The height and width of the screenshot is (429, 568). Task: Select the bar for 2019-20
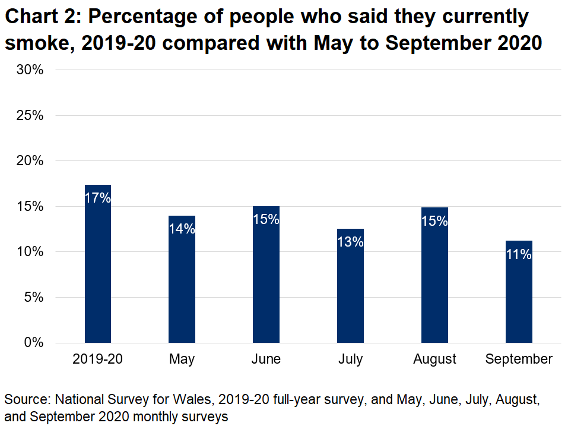(x=98, y=273)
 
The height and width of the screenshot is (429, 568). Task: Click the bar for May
(x=182, y=285)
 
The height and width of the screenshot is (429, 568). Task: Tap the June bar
(x=266, y=279)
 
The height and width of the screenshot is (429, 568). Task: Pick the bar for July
(x=350, y=291)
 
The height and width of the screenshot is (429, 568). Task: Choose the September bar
(x=519, y=297)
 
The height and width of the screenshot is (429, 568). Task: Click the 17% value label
(x=98, y=198)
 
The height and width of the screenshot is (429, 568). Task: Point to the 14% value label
(x=182, y=228)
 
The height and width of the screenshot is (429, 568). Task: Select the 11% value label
(x=519, y=254)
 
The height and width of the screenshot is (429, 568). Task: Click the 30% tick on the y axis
(x=30, y=70)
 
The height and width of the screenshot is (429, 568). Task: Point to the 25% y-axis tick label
(x=30, y=115)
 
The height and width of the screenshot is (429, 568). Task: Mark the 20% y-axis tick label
(x=30, y=161)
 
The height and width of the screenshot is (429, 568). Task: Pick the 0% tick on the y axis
(x=34, y=343)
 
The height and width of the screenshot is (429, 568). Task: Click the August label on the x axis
(x=434, y=359)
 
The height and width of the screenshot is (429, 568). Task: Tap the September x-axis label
(x=519, y=359)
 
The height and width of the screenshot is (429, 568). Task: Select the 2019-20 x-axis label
(x=98, y=359)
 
